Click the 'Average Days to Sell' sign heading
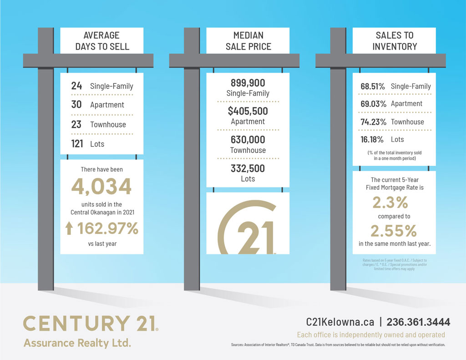click(102, 41)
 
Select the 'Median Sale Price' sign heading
click(248, 41)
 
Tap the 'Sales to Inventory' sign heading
click(394, 41)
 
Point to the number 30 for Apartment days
click(76, 105)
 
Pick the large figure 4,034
click(101, 187)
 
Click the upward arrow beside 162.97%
click(69, 228)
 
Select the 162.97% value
click(107, 228)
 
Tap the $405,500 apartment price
click(248, 111)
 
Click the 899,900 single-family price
click(248, 83)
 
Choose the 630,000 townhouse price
click(248, 140)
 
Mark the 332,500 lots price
click(248, 168)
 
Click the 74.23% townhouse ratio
click(373, 122)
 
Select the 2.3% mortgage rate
click(394, 202)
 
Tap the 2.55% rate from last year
click(394, 231)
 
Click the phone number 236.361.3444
click(418, 322)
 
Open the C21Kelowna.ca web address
click(340, 322)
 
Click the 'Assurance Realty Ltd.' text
click(77, 342)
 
